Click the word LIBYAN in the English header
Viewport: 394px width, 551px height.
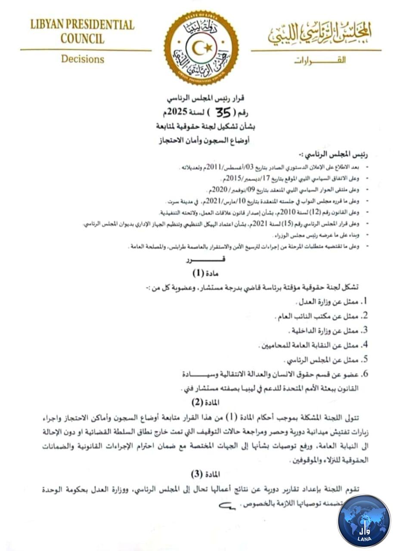point(48,25)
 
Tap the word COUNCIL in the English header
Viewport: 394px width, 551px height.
point(82,38)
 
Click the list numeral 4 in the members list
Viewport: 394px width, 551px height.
point(364,345)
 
